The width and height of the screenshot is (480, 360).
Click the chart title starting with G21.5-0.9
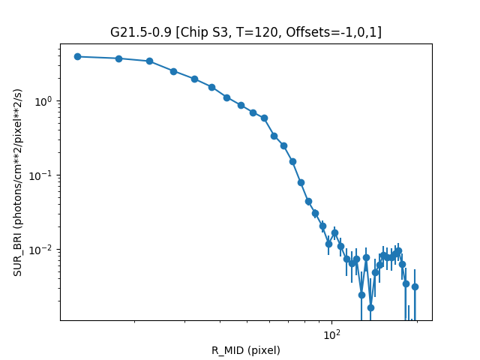pos(245,32)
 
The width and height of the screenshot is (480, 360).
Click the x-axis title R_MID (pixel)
pos(245,350)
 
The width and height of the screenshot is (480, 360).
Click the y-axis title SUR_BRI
pos(17,182)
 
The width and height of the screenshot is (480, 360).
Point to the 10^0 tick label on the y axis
pos(43,101)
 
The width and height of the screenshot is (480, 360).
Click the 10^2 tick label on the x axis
pos(331,335)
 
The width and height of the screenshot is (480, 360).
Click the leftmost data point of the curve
pos(77,56)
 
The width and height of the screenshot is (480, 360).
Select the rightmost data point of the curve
pos(415,286)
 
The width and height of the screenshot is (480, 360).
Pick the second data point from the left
pos(118,58)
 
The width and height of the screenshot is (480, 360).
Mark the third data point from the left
pos(149,61)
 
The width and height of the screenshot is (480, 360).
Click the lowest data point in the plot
pos(370,307)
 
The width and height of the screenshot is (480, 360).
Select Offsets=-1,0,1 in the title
pos(338,32)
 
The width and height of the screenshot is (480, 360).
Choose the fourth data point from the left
pos(173,71)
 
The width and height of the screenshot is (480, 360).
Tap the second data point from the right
pos(406,283)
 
